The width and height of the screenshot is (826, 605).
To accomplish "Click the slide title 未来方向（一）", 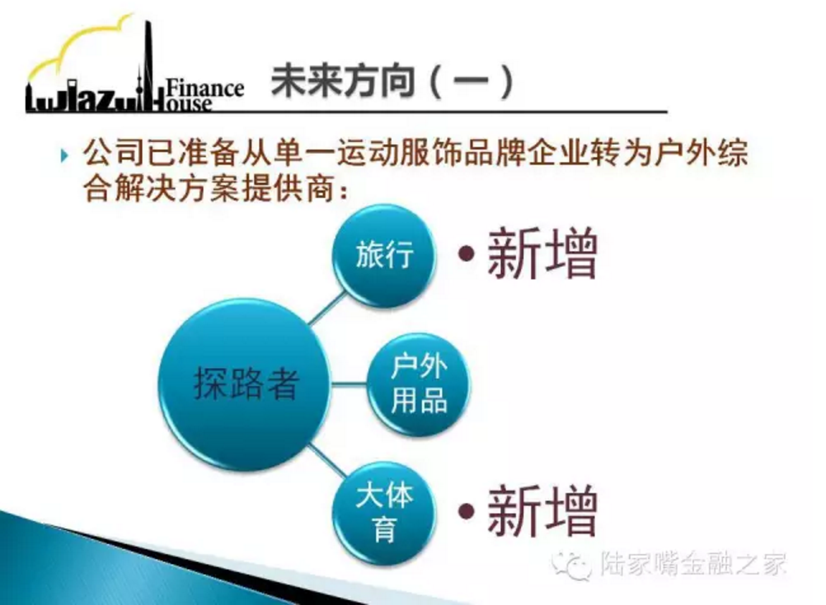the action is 393,82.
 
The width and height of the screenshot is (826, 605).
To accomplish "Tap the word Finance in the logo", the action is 205,88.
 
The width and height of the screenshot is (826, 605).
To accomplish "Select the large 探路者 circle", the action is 244,384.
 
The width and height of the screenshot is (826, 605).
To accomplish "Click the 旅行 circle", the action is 385,256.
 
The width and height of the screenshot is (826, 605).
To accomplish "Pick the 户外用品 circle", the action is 418,384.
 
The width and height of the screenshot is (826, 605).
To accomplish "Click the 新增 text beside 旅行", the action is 543,254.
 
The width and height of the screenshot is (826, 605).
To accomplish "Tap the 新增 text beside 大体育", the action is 543,511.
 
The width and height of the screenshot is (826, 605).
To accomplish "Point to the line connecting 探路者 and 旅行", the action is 328,309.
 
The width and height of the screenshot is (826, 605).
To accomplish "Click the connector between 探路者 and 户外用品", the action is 349,384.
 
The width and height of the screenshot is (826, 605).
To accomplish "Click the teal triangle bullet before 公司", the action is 64,155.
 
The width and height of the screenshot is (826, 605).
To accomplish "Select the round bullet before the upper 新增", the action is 466,254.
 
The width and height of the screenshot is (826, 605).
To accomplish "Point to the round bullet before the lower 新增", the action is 466,511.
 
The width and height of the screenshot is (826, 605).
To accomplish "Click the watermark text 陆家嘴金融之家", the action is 693,564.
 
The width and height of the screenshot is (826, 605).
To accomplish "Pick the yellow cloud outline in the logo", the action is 79,47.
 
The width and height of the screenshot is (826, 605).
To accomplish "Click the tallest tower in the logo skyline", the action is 148,64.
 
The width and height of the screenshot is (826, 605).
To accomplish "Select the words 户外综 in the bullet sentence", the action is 700,153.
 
